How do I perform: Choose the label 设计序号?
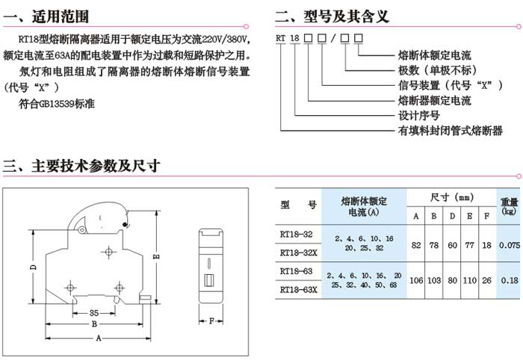[x=418, y=116]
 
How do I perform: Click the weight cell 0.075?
[x=509, y=243]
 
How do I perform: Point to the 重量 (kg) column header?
[x=509, y=205]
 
